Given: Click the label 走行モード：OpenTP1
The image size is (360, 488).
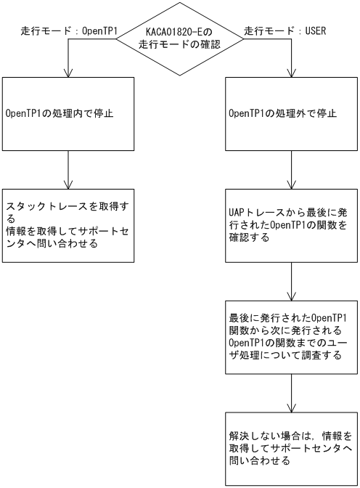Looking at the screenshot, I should tap(69, 31).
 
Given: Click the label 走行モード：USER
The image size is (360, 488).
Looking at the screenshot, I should tap(285, 31).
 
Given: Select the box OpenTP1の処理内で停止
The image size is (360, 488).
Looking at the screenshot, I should tap(68, 113).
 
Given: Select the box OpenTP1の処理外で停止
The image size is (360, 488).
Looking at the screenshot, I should tap(291, 113).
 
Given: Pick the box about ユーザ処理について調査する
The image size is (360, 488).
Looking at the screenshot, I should tap(291, 337).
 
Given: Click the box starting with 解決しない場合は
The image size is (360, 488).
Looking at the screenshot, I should tap(291, 448).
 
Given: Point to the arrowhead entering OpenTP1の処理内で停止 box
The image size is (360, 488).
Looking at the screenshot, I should tap(68, 73).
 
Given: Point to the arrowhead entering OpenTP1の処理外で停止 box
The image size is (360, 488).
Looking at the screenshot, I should tap(291, 73).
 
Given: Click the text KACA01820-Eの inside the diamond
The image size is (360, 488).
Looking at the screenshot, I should tap(179, 31).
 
